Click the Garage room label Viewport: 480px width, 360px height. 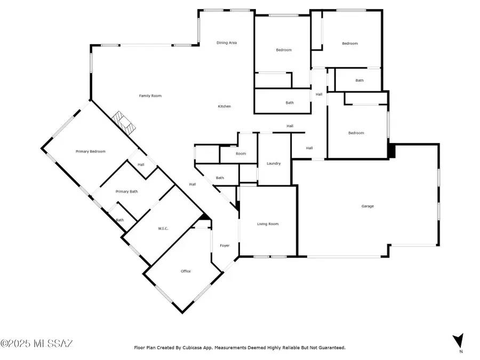click(x=367, y=206)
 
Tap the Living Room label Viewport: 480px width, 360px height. click(x=268, y=224)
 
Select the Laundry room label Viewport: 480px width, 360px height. click(x=274, y=163)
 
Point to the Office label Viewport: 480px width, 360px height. click(x=186, y=271)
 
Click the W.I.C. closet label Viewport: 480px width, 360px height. click(x=163, y=229)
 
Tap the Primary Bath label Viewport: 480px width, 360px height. click(x=127, y=191)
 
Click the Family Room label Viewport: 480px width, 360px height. click(x=150, y=96)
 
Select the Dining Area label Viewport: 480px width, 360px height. click(x=227, y=43)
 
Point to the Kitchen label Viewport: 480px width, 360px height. click(x=225, y=107)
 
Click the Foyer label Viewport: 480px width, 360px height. click(x=225, y=245)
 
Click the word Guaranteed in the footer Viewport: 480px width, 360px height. click(x=330, y=348)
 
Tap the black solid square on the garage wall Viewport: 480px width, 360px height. click(x=392, y=151)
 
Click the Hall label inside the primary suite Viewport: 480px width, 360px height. click(x=141, y=165)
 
